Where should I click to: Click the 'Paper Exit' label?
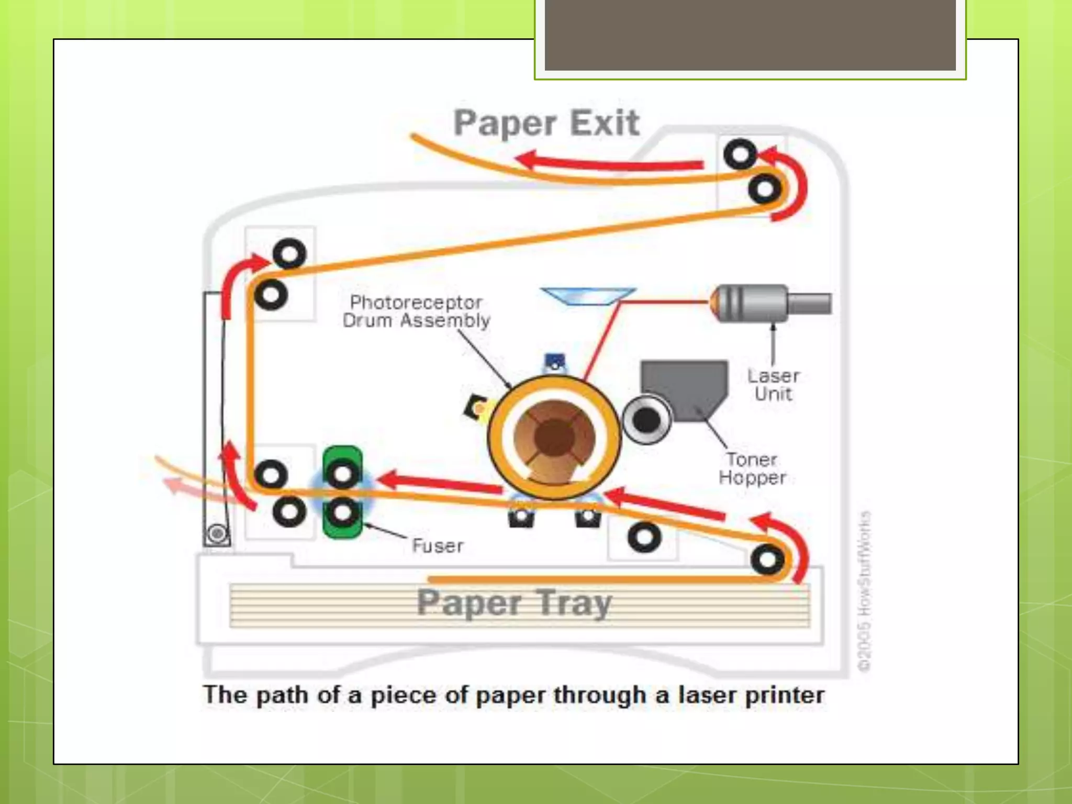(546, 124)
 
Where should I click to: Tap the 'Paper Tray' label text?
(514, 603)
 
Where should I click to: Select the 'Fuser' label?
(438, 546)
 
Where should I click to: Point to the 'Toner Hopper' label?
(752, 468)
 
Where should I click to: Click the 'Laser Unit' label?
(773, 385)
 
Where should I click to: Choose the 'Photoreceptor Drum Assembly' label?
(416, 311)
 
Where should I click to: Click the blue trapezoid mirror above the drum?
(588, 296)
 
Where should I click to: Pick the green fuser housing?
(342, 492)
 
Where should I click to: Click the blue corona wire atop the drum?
(555, 361)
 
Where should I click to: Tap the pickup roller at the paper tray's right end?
(767, 560)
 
